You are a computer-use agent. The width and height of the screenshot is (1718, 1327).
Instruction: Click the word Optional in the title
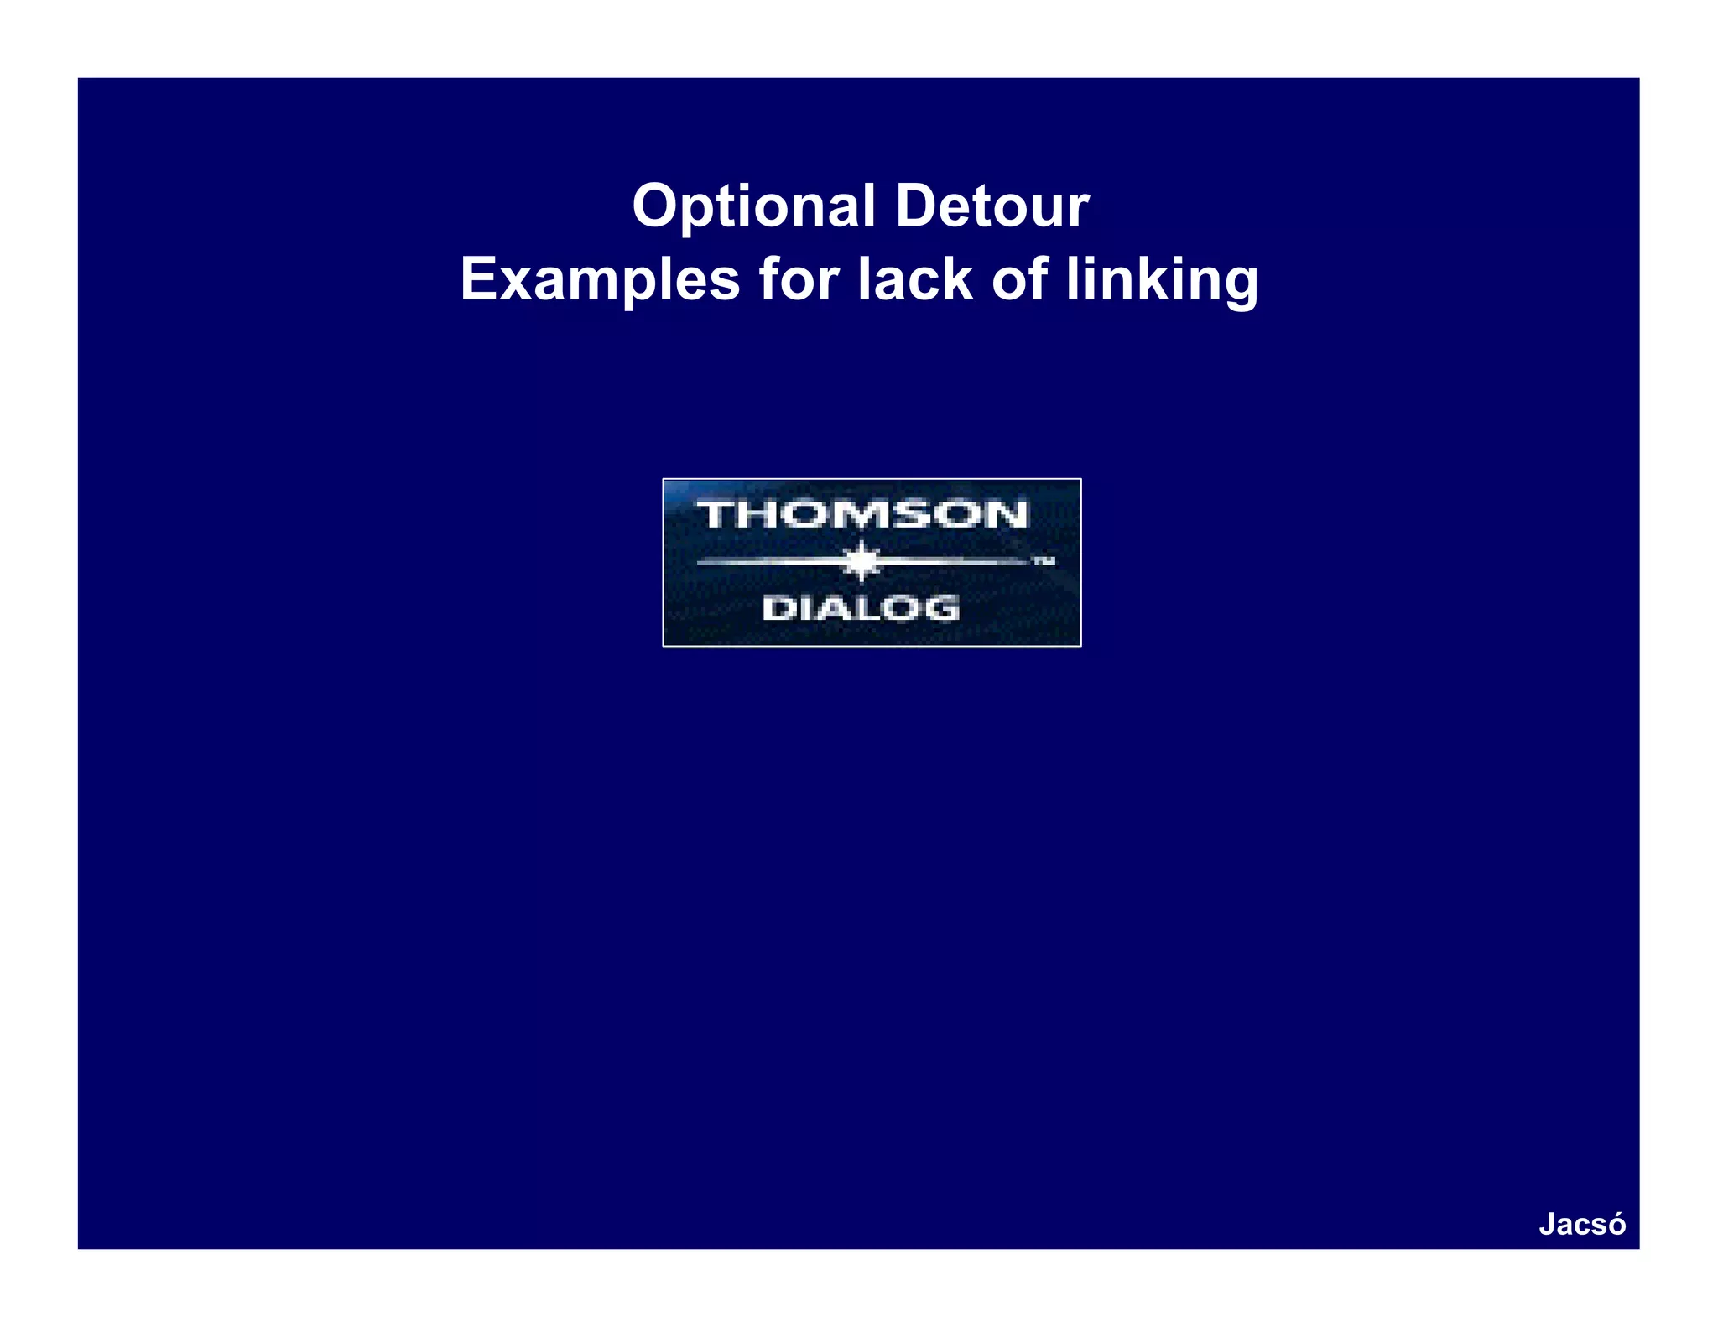(x=753, y=206)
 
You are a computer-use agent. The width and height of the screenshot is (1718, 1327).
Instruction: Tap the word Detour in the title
(x=992, y=206)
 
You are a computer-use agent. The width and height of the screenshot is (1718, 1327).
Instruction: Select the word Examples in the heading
(x=599, y=279)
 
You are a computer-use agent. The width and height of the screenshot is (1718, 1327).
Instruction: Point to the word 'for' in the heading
(x=799, y=279)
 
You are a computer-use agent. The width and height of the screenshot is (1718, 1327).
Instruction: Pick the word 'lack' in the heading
(x=914, y=279)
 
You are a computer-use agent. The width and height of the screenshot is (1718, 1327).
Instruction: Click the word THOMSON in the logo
(x=862, y=514)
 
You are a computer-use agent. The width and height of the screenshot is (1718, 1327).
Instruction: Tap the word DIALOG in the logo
(x=861, y=608)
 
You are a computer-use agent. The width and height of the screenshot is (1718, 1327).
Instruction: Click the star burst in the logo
(x=862, y=561)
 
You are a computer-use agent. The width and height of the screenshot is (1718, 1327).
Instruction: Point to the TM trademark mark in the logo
(x=1043, y=561)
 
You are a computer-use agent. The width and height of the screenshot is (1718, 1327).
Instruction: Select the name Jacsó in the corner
(x=1582, y=1224)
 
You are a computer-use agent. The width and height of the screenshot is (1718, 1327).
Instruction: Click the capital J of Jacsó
(x=1547, y=1224)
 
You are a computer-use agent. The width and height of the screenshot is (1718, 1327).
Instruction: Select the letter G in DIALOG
(x=944, y=608)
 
